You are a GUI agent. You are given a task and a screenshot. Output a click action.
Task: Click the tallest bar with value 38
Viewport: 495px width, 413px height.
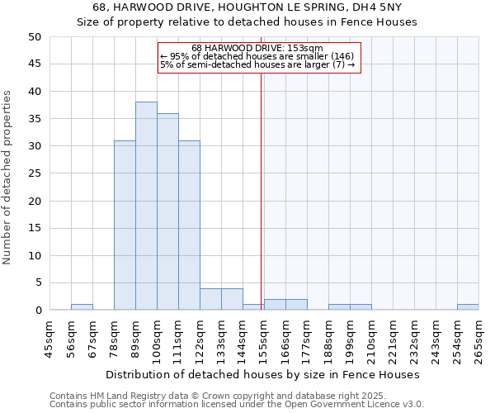point(146,206)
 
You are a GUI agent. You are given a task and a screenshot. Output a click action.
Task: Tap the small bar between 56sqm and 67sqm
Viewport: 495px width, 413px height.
point(82,307)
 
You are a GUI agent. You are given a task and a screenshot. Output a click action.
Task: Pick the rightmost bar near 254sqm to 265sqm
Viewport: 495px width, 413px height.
point(468,307)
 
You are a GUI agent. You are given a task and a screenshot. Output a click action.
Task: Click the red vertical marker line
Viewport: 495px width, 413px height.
point(261,182)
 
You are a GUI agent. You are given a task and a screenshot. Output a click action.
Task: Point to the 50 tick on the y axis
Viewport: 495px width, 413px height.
point(34,37)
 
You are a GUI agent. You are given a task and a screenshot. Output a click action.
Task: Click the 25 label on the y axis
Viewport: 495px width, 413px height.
point(34,173)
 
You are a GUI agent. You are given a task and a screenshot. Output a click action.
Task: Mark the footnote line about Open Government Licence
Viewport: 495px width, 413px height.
point(237,404)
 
